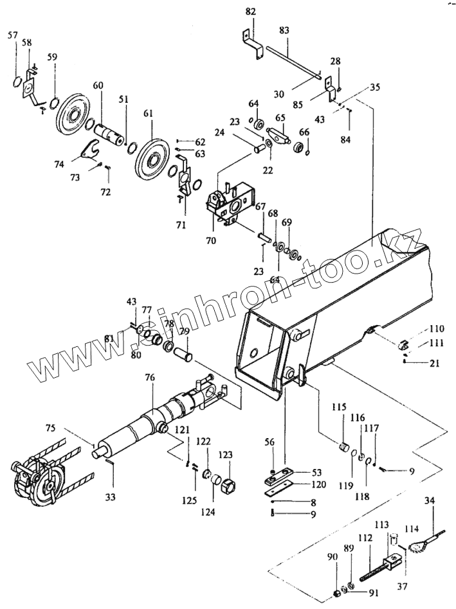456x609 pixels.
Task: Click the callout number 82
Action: [250, 12]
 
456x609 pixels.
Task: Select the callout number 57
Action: [13, 37]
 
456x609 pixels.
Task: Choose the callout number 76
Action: [149, 378]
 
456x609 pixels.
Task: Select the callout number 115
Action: [339, 408]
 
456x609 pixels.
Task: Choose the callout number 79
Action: [184, 331]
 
